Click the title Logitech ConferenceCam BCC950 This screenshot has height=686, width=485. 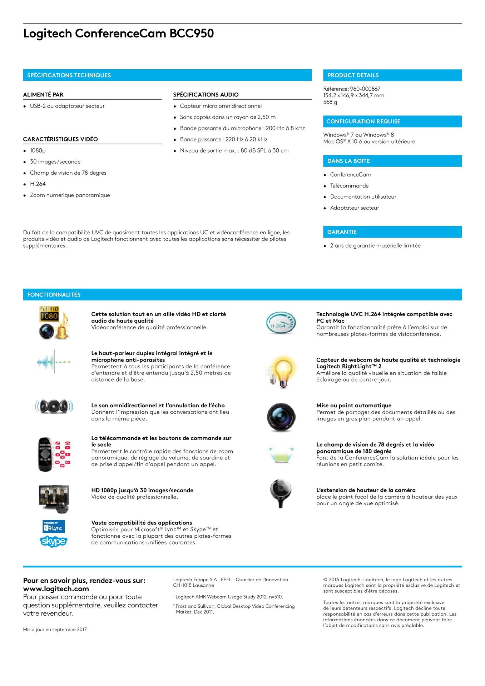pyautogui.click(x=118, y=33)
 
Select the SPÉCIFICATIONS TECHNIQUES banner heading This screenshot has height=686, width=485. pyautogui.click(x=69, y=75)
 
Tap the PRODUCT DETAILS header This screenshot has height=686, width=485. pyautogui.click(x=353, y=75)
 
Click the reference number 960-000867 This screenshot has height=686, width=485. pyautogui.click(x=365, y=89)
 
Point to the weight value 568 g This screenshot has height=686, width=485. pyautogui.click(x=330, y=102)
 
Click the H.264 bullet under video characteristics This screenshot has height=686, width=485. pyautogui.click(x=38, y=184)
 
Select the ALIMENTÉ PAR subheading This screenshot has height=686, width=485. pyautogui.click(x=43, y=95)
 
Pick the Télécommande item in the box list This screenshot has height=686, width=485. pyautogui.click(x=349, y=186)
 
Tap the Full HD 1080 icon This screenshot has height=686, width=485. pyautogui.click(x=49, y=313)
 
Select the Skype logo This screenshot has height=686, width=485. pyautogui.click(x=54, y=541)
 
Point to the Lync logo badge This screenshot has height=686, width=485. pyautogui.click(x=54, y=527)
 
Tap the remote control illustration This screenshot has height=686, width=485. pyautogui.click(x=46, y=454)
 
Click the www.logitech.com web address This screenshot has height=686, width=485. pyautogui.click(x=56, y=588)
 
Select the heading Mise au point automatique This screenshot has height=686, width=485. pyautogui.click(x=353, y=406)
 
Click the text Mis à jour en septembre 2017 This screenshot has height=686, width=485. pyautogui.click(x=55, y=630)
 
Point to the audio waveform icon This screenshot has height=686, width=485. pyautogui.click(x=54, y=362)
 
